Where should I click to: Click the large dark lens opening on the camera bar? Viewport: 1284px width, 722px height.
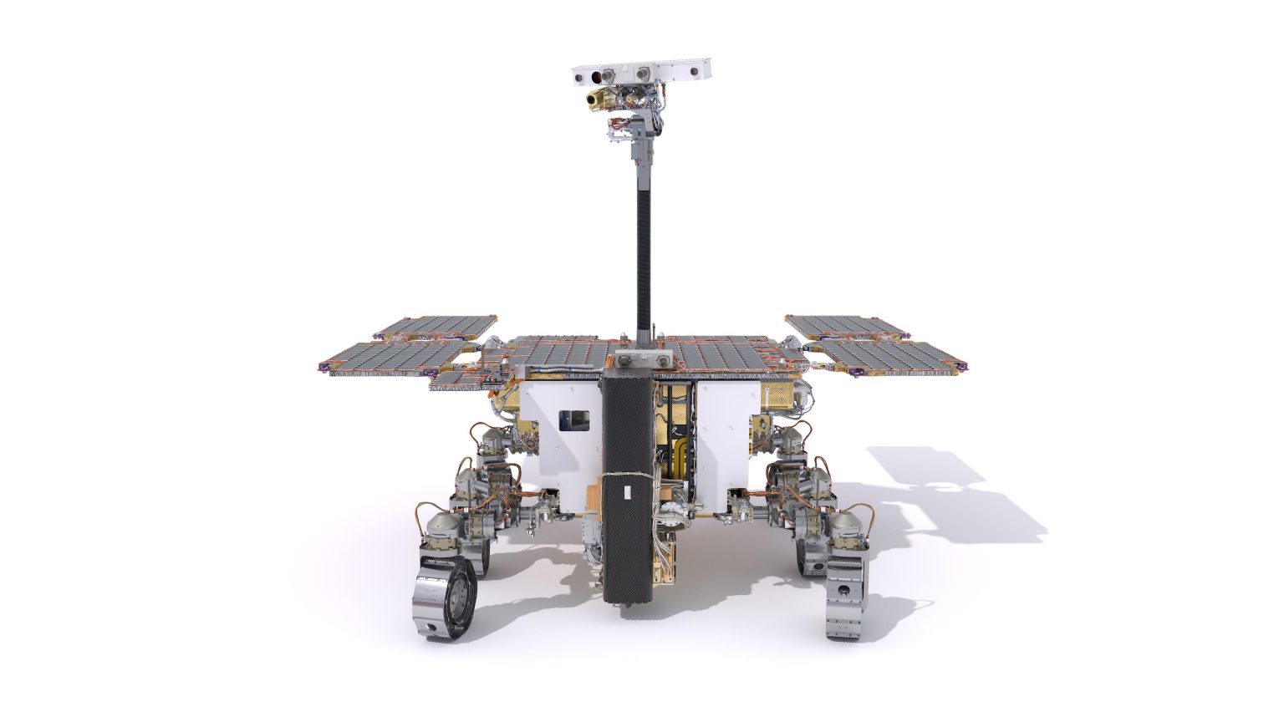click(x=596, y=78)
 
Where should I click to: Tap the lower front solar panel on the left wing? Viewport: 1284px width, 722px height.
click(x=393, y=358)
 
